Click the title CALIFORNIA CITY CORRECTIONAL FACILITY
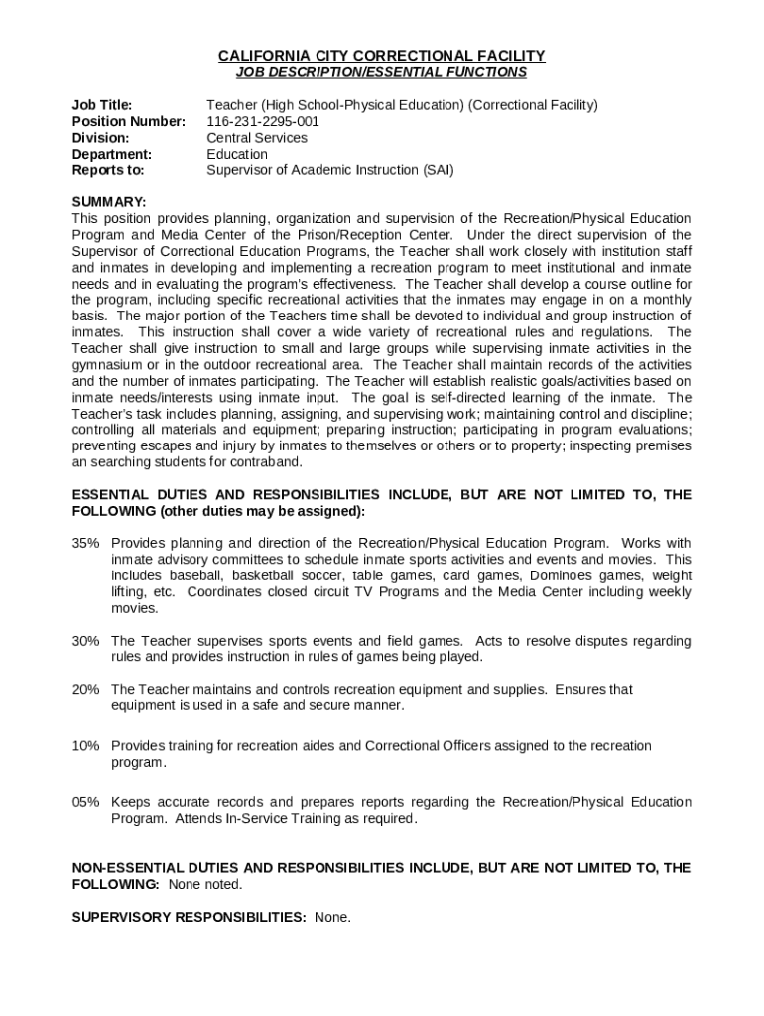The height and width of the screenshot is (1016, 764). [382, 56]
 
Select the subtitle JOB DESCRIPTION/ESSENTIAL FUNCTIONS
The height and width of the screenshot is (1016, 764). [382, 72]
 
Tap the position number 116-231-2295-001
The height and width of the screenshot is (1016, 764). [263, 121]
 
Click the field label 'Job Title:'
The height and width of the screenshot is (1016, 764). [102, 105]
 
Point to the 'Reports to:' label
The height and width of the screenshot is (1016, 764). [108, 170]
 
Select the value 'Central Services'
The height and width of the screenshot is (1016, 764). [257, 138]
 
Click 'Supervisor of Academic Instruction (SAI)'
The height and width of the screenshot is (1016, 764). [329, 170]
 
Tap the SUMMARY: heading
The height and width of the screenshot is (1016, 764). [109, 202]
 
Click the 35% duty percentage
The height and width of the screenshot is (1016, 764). [85, 543]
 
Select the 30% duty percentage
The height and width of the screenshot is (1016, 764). [85, 641]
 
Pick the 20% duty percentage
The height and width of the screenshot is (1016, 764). [85, 689]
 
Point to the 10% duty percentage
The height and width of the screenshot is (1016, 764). [85, 745]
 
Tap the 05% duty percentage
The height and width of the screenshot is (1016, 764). [85, 802]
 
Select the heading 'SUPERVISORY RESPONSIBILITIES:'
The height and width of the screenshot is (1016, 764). [189, 917]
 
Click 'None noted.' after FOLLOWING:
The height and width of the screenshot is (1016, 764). [205, 884]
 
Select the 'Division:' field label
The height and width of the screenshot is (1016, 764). [101, 138]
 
